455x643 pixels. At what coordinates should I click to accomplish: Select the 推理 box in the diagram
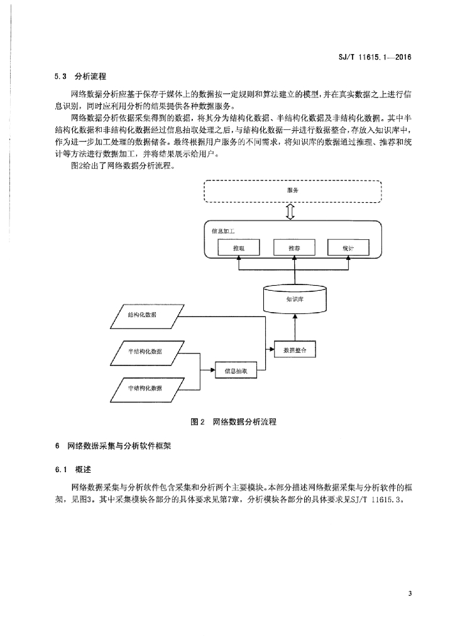[x=238, y=247]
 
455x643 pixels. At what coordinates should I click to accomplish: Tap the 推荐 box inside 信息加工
[x=294, y=247]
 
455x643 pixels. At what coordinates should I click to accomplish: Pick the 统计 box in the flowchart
[x=348, y=247]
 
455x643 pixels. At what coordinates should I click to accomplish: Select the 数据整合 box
[x=295, y=350]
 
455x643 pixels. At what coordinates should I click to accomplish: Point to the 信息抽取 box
[x=236, y=370]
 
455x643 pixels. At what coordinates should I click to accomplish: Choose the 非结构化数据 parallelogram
[x=145, y=389]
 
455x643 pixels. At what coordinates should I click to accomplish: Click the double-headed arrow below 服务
[x=291, y=212]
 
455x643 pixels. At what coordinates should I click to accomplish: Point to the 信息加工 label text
[x=223, y=231]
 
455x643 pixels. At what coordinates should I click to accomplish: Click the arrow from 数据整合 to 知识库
[x=295, y=327]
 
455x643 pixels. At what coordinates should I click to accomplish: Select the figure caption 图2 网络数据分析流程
[x=233, y=421]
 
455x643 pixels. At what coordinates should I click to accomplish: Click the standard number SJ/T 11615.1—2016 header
[x=375, y=57]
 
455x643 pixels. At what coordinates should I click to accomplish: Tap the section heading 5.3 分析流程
[x=80, y=76]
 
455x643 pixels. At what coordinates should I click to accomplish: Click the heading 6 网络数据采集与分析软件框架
[x=113, y=446]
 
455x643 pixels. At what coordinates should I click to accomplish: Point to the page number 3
[x=410, y=593]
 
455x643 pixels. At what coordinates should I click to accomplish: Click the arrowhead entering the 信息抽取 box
[x=213, y=370]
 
